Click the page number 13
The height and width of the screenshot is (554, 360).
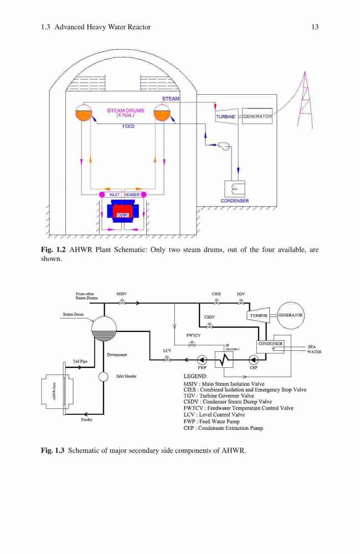click(x=315, y=27)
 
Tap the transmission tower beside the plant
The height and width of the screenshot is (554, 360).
click(x=305, y=101)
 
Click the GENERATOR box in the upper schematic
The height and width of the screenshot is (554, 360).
click(x=257, y=116)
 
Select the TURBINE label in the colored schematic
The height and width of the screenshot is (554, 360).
click(x=226, y=116)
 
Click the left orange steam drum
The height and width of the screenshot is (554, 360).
click(x=84, y=113)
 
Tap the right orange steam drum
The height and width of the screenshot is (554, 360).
click(x=162, y=113)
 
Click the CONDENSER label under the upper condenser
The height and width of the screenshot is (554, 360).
click(x=235, y=201)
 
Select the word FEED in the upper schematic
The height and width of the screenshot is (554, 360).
click(x=128, y=126)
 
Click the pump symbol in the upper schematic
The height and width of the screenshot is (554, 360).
click(x=224, y=145)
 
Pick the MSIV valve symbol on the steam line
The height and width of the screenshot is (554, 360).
click(x=122, y=301)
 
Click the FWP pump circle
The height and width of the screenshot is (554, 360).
click(x=202, y=360)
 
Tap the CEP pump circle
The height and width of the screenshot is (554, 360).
click(x=253, y=360)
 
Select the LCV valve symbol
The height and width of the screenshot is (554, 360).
click(x=167, y=358)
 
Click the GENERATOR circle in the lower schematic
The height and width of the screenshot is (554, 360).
click(x=290, y=315)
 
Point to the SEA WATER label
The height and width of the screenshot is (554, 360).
click(x=314, y=350)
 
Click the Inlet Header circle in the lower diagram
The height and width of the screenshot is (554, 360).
click(x=103, y=377)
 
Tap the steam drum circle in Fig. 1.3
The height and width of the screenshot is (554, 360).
click(x=104, y=329)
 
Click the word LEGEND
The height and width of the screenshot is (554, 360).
click(x=196, y=376)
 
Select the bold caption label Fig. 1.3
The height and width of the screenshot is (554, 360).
click(x=53, y=450)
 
